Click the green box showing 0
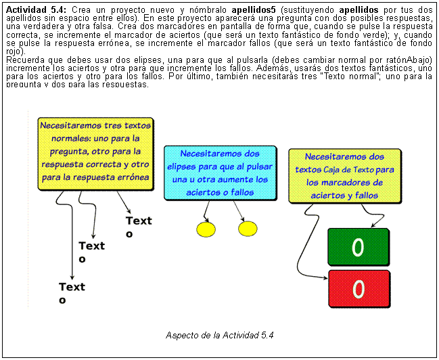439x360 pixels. (x=358, y=247)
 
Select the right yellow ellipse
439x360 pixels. (x=248, y=229)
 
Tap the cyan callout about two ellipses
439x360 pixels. (x=220, y=172)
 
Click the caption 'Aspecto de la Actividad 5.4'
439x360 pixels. (x=219, y=335)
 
